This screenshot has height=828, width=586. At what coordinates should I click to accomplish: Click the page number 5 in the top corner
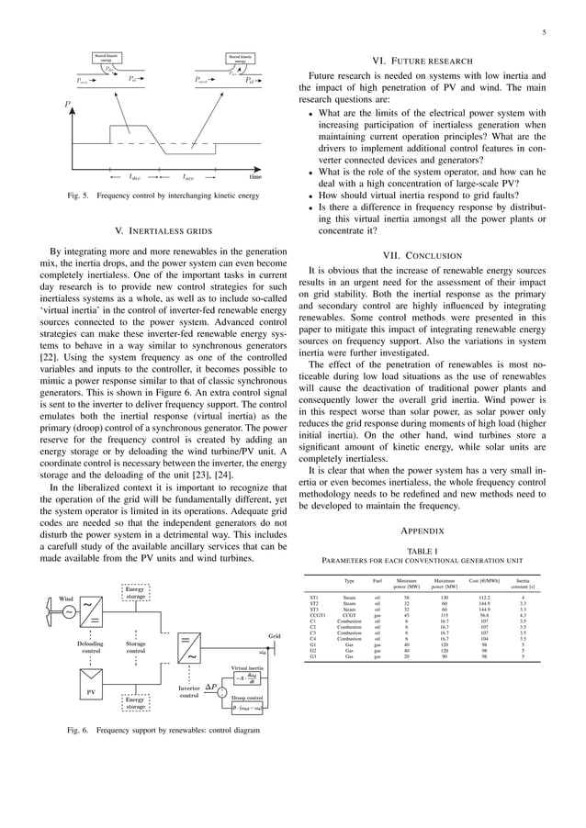(x=544, y=33)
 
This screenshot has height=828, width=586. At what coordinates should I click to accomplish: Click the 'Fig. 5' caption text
(x=135, y=195)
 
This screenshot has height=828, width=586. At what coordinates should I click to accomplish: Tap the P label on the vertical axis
(x=67, y=105)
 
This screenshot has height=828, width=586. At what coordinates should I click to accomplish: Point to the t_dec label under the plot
(x=135, y=177)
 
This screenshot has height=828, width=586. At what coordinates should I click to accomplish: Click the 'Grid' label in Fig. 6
(x=274, y=635)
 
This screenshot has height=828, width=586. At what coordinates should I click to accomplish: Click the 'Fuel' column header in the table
(x=377, y=581)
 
